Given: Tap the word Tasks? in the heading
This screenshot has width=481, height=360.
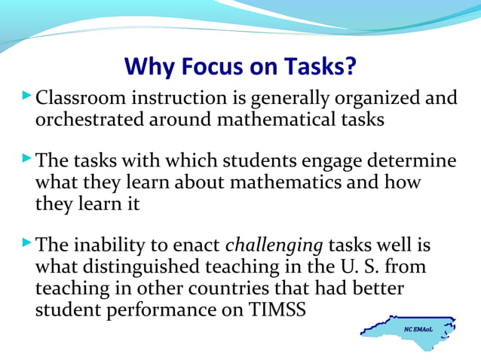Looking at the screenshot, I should [x=317, y=68].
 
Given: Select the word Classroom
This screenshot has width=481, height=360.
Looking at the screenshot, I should [x=83, y=99].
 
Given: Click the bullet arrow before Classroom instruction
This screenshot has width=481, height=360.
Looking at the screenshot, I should [x=28, y=96].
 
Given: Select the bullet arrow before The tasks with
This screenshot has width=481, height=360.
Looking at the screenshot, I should [x=28, y=160].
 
